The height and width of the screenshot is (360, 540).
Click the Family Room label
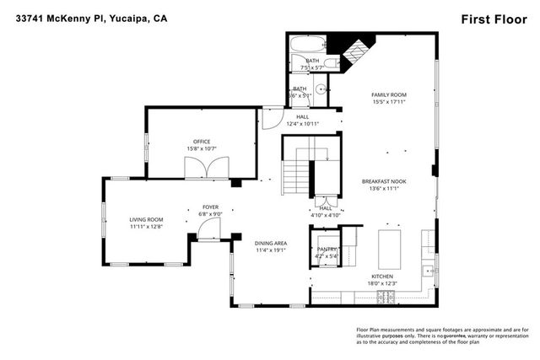pos(389,94)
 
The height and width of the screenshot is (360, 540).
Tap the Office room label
pos(201,142)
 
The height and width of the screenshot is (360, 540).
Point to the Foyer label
pos(210,207)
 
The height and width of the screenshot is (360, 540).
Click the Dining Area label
pos(272,243)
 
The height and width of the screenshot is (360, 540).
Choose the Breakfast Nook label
pos(384,182)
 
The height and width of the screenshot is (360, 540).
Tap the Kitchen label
pos(382,277)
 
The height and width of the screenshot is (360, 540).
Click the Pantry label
pos(326,250)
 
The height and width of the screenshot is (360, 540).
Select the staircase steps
pos(296,178)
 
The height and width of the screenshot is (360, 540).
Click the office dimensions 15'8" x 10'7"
pos(201,149)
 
